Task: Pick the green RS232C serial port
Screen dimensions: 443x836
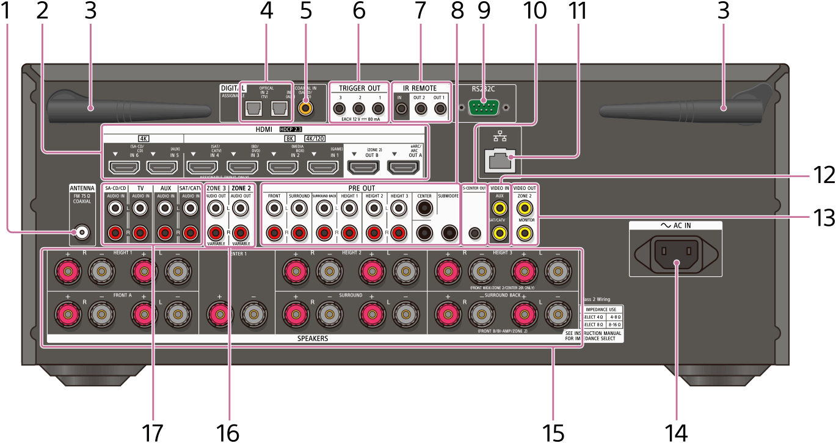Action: [x=483, y=107]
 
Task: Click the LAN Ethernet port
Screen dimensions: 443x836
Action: [x=496, y=159]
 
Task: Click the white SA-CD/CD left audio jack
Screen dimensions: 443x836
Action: [x=115, y=226]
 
